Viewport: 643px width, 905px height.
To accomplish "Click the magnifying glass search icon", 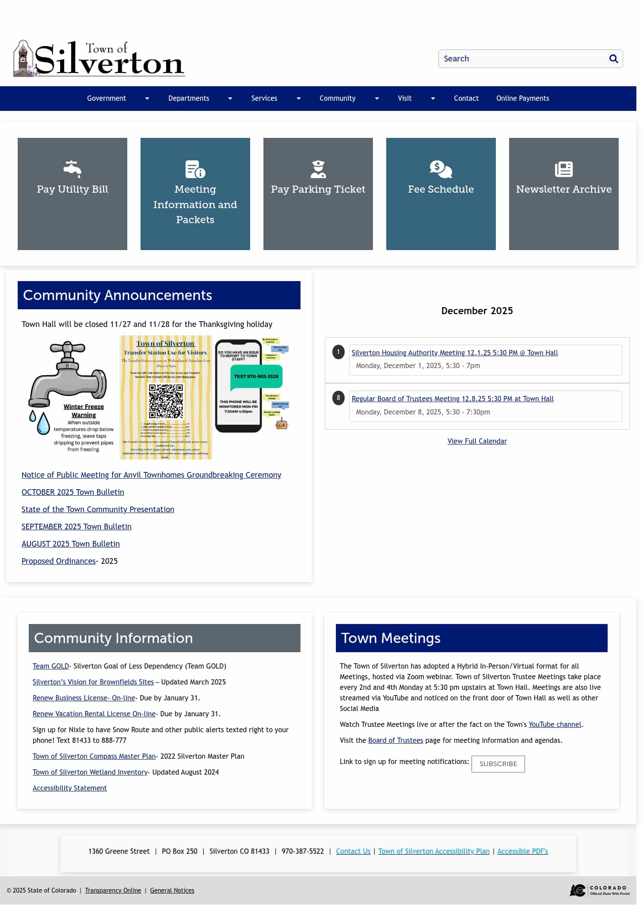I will coord(613,59).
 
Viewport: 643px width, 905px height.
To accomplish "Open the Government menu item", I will coord(107,98).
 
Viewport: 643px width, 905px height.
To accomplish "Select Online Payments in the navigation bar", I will coord(522,98).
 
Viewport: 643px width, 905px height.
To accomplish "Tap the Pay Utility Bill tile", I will coord(72,194).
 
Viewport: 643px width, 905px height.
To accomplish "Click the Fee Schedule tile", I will coord(441,194).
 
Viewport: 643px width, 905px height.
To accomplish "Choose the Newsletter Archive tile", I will coord(563,194).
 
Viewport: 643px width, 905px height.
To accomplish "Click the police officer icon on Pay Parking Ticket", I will coord(318,169).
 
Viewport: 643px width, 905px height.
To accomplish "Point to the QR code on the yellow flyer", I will coord(166,401).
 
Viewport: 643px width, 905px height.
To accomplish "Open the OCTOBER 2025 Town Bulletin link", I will coord(73,492).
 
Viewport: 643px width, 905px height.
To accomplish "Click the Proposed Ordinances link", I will coord(59,561).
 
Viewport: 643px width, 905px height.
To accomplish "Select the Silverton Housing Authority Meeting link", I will coord(454,353).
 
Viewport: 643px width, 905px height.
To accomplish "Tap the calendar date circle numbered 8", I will coord(339,398).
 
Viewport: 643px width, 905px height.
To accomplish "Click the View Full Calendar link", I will coord(477,441).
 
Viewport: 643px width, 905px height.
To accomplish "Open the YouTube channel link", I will coord(555,724).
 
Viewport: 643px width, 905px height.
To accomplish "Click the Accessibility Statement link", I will coord(70,788).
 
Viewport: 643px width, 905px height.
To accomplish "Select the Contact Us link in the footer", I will coord(353,851).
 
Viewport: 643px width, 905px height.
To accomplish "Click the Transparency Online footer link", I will coord(113,890).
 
